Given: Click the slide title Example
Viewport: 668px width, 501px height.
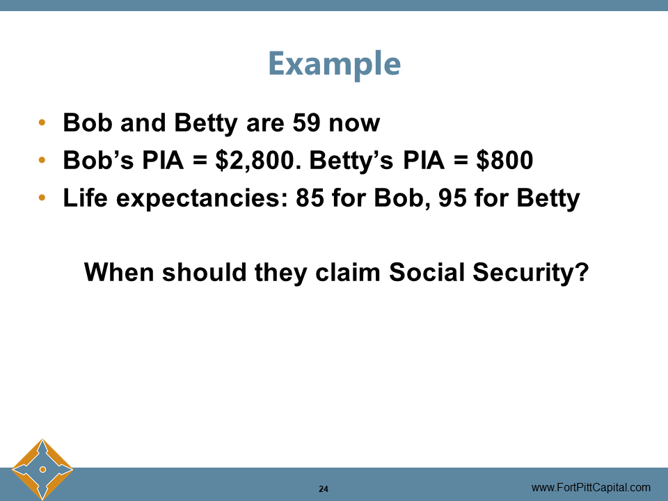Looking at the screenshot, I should pos(334,64).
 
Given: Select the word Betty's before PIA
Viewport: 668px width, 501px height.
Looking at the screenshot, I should pos(351,161).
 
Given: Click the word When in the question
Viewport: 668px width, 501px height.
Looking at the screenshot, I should pos(119,272).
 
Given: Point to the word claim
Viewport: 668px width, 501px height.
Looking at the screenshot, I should pos(348,272).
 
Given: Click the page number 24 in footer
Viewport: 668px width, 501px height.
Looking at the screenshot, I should pos(324,488).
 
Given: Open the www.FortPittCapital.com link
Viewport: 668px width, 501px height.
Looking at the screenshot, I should pos(591,488).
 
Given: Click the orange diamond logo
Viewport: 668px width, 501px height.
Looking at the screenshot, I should pos(42,470).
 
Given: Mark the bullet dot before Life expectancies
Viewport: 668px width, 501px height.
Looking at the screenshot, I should pos(42,199).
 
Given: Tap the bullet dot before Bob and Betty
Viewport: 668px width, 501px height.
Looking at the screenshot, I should pos(42,124).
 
